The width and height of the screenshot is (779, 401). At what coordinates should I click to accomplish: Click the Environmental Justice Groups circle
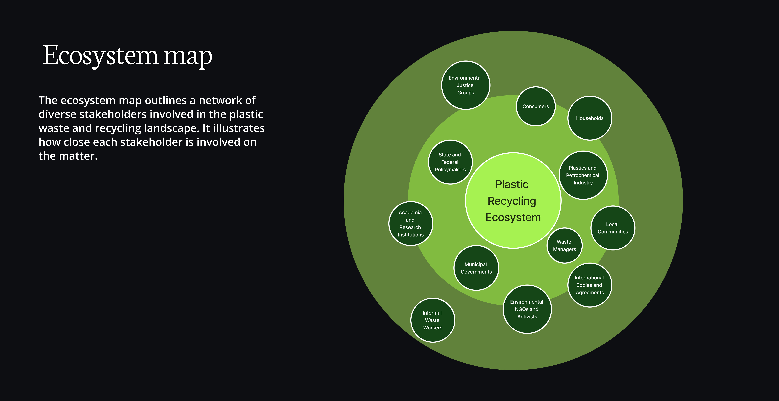point(465,85)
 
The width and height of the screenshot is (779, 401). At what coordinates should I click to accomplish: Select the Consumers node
point(536,106)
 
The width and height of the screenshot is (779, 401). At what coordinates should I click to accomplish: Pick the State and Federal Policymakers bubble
point(450,162)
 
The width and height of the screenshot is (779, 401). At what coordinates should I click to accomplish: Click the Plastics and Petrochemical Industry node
point(583,175)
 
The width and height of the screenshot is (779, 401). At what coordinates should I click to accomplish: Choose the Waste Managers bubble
point(564,246)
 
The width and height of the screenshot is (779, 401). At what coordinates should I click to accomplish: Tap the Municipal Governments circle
point(476,268)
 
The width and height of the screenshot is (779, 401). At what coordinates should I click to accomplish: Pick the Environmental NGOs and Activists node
point(527,309)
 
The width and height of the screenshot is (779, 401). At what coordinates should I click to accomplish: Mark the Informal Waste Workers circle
point(432,320)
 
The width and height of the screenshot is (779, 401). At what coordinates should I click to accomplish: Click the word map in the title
point(188,57)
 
